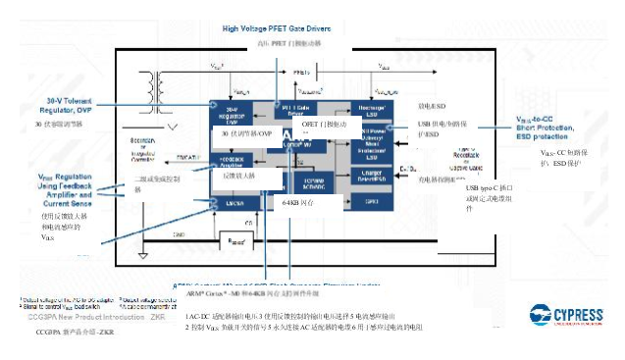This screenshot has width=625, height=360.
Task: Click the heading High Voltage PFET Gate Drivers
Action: click(278, 28)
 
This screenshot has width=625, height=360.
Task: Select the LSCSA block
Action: click(234, 201)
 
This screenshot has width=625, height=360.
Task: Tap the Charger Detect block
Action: click(372, 176)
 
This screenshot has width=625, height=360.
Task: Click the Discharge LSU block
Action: click(372, 109)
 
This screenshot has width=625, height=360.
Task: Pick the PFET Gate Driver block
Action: click(296, 109)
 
